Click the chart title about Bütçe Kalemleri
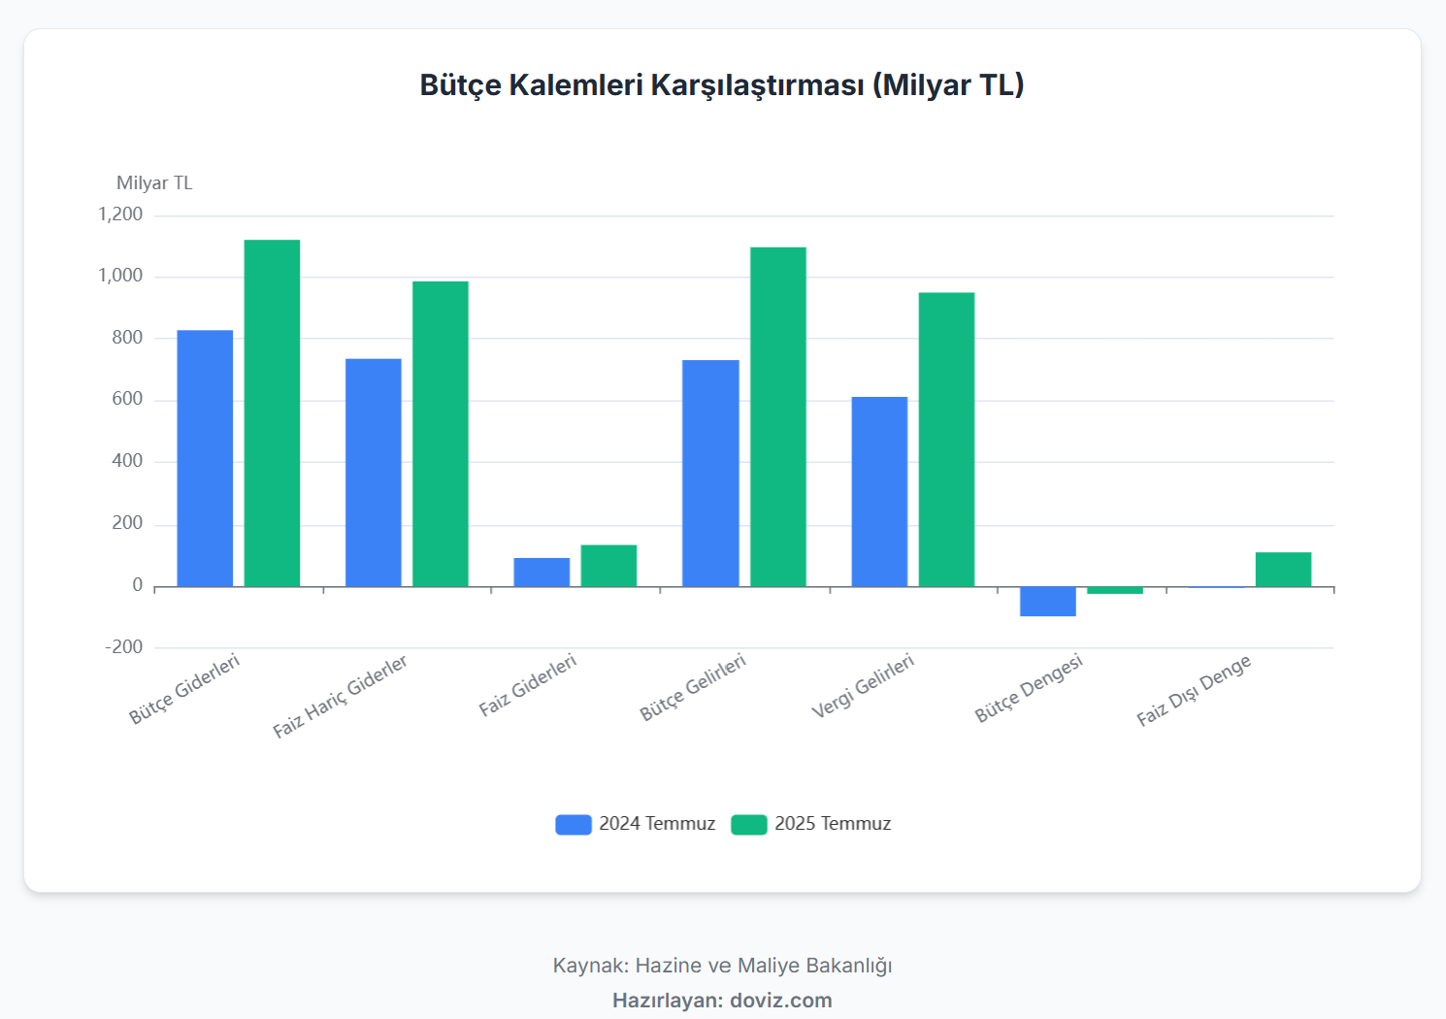(x=721, y=85)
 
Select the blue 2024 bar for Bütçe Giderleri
(x=205, y=458)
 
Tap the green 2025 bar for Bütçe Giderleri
(x=272, y=412)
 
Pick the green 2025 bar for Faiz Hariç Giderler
(x=441, y=434)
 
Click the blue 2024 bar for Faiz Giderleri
(x=542, y=573)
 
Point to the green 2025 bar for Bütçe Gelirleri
(x=778, y=416)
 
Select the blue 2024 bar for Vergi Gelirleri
(x=879, y=491)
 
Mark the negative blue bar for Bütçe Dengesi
(x=1048, y=602)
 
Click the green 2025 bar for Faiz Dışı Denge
(x=1283, y=570)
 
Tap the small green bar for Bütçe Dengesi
(x=1115, y=590)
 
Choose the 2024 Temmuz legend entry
(x=637, y=824)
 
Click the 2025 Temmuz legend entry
(x=812, y=824)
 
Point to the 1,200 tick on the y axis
(x=120, y=214)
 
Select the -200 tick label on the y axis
(x=123, y=647)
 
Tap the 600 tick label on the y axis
(x=127, y=399)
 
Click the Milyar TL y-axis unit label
(x=154, y=183)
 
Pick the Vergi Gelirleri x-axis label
(x=863, y=686)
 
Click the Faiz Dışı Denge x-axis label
(x=1194, y=690)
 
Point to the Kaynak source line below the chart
(x=722, y=966)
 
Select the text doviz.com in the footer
(x=780, y=1001)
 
